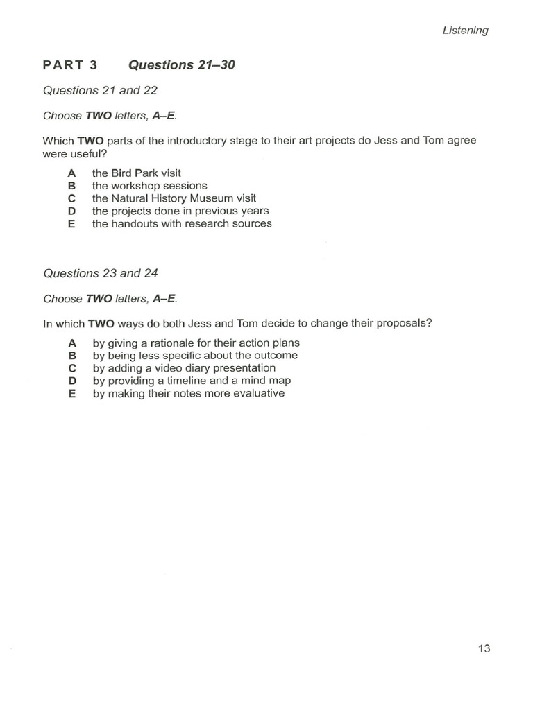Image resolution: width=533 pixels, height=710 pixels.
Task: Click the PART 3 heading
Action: pos(70,65)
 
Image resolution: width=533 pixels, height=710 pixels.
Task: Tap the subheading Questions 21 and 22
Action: pos(101,90)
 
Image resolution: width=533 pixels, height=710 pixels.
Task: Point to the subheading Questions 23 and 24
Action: pos(101,273)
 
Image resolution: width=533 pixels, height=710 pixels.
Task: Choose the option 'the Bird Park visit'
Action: pos(136,173)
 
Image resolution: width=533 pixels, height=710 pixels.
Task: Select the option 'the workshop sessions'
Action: pos(149,186)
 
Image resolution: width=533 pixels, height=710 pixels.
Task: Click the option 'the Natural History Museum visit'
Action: pos(174,198)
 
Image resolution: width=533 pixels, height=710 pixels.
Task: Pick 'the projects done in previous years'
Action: pos(180,211)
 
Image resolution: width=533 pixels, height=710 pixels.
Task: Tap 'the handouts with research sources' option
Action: pos(182,223)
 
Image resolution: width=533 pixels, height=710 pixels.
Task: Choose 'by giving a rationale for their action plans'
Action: pos(196,343)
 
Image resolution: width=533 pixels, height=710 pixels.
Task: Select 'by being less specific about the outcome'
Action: pos(195,355)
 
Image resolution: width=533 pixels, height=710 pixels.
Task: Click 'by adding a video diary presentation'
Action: pos(184,367)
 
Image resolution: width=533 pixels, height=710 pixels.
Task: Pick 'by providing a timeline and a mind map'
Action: pos(192,381)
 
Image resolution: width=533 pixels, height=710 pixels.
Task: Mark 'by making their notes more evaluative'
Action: pos(188,393)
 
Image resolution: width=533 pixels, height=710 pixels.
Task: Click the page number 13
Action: pos(484,648)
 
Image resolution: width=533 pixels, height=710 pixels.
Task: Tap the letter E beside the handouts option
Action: pos(71,223)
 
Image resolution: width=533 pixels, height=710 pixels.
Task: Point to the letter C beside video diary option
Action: pos(71,368)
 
